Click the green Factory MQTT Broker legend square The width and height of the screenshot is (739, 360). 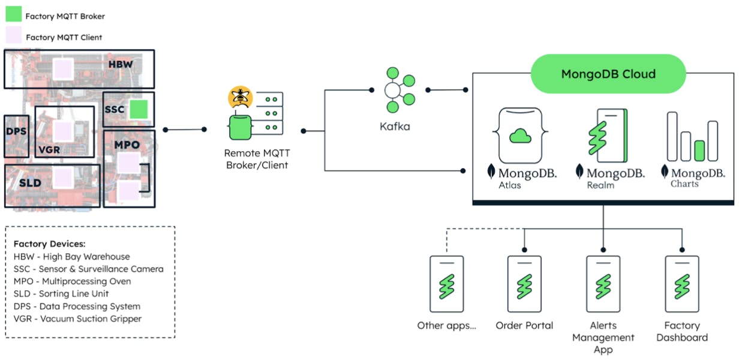(14, 15)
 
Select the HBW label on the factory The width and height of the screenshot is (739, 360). (121, 64)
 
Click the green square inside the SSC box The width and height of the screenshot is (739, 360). (139, 109)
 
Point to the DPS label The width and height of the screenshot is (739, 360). (16, 131)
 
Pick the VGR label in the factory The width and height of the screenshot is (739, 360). (49, 150)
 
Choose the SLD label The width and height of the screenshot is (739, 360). (30, 183)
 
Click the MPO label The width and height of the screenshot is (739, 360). (127, 145)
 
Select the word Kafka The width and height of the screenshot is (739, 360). (395, 127)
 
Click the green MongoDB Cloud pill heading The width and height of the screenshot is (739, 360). (608, 74)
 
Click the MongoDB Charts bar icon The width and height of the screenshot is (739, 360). (692, 137)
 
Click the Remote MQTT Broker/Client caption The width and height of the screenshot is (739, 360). (257, 159)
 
